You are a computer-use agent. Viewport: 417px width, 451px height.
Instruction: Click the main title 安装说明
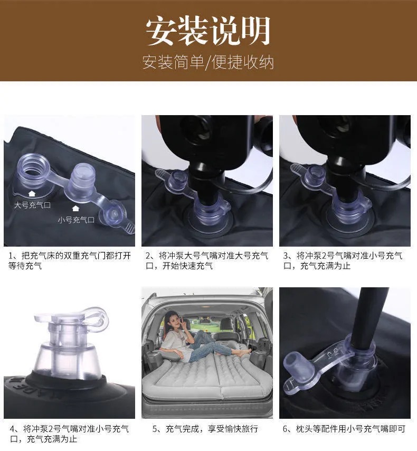point(208,31)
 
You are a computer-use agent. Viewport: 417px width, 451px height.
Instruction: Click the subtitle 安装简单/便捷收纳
point(208,62)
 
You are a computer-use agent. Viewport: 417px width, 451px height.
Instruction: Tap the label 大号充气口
point(33,205)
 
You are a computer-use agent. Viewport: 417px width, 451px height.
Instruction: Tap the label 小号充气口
point(76,220)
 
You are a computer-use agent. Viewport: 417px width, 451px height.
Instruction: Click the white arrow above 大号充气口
point(32,193)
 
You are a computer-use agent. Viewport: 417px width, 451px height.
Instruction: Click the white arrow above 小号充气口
point(75,208)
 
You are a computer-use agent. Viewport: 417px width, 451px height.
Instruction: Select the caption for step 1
point(70,260)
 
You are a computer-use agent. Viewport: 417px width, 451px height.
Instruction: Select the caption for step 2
point(207,260)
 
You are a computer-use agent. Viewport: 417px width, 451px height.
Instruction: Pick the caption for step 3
point(343,260)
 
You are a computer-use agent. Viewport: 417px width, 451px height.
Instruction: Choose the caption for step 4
point(69,434)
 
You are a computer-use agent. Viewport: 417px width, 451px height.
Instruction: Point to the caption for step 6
point(344,429)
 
